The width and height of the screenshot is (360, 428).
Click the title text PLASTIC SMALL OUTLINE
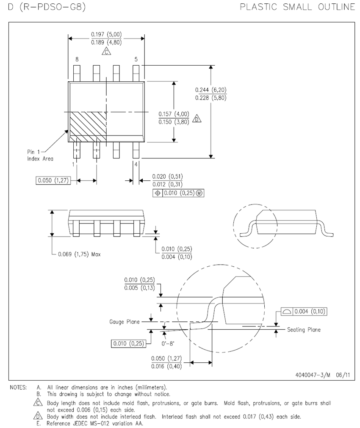point(297,7)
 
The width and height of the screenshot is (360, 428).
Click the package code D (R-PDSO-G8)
point(47,6)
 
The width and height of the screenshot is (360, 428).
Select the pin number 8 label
point(77,59)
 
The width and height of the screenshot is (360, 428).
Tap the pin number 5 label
point(136,59)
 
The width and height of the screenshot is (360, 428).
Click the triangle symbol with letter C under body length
point(106,51)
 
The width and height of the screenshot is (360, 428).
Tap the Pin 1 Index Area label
point(40,155)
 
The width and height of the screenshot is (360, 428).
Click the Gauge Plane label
point(124,322)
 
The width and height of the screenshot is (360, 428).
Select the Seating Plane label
point(304,329)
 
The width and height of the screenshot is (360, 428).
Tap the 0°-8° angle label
point(168,343)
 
